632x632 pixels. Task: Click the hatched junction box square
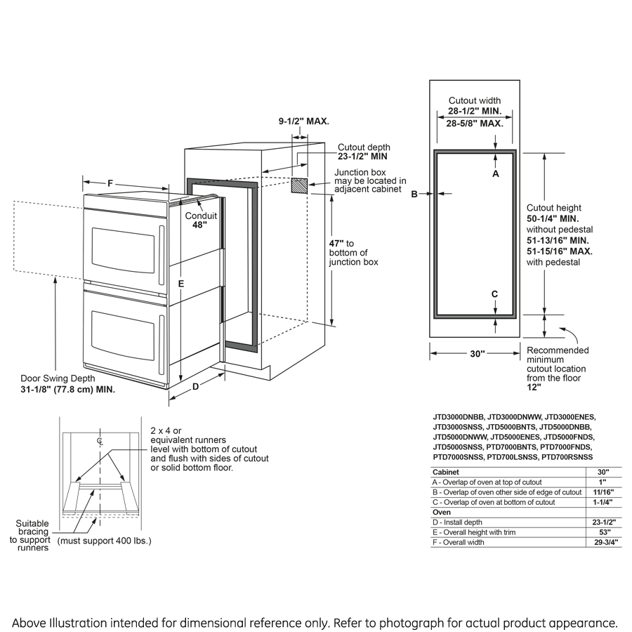[300, 185]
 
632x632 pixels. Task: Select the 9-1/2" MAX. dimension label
[303, 121]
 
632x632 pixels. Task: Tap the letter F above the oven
[110, 183]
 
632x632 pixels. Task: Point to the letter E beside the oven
[180, 284]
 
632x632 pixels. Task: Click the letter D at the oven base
[196, 386]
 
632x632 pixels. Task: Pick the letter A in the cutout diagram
[495, 173]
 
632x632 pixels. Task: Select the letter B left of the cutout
[414, 194]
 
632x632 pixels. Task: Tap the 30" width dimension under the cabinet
[478, 354]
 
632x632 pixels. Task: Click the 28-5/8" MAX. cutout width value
[475, 124]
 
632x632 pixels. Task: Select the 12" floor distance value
[534, 387]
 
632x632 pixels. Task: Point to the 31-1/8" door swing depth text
[68, 388]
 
